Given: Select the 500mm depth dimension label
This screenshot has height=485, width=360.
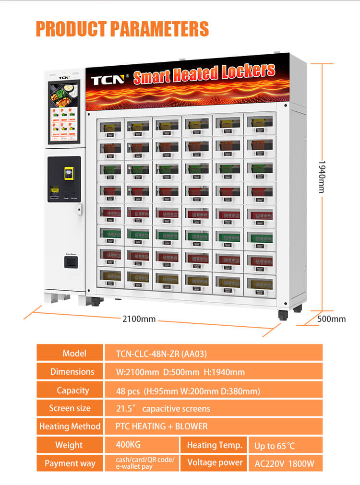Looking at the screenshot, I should [332, 319].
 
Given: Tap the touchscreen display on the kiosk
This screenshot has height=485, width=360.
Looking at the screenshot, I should [64, 112].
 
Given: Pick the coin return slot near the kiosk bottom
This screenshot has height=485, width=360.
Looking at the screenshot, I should [71, 262].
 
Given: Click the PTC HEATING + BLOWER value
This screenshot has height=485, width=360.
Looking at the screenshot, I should [161, 426].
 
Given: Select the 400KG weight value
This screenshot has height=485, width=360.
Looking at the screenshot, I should [129, 445].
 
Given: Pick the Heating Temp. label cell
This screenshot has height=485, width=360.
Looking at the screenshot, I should [214, 445].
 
